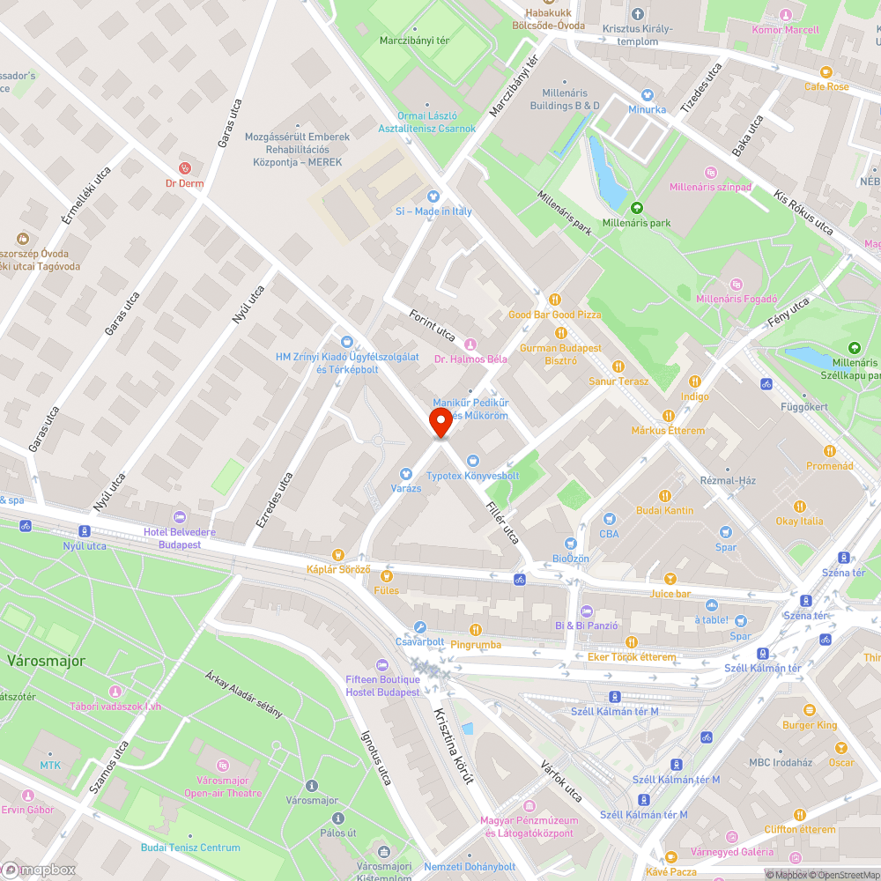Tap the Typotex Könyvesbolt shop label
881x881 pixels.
[473, 476]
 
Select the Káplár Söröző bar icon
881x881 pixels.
[337, 554]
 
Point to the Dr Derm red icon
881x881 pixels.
[185, 167]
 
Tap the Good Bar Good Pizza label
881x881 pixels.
[554, 315]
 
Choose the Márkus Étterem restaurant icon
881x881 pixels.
[668, 416]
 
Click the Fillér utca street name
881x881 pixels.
[503, 522]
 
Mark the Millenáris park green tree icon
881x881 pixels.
[637, 208]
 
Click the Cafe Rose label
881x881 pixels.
[826, 86]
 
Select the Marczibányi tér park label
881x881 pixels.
[414, 41]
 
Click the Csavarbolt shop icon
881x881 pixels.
[420, 627]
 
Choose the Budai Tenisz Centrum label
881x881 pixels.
[190, 848]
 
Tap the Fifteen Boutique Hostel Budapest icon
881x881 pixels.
[381, 665]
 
